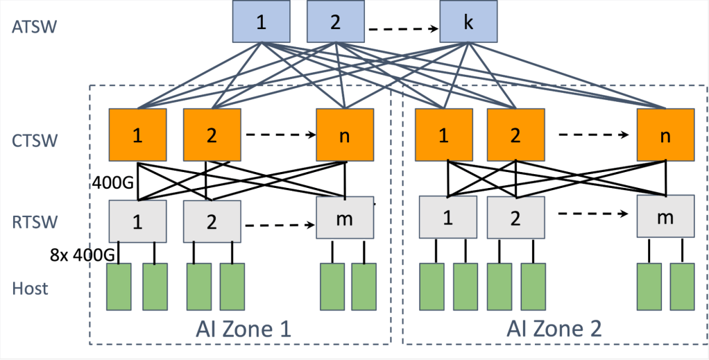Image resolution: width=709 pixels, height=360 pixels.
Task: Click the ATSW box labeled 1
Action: (261, 22)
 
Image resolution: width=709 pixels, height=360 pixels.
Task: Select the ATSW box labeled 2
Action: (336, 22)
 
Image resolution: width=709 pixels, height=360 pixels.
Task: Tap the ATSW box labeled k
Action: (468, 22)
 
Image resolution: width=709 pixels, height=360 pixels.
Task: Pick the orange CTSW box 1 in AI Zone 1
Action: (137, 135)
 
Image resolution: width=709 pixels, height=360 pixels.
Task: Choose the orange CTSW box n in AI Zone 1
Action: (345, 135)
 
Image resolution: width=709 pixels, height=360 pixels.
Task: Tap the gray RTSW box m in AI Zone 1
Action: (345, 218)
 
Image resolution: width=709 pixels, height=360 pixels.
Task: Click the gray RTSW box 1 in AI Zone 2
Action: (447, 217)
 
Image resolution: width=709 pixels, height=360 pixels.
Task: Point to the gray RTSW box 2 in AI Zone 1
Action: (212, 221)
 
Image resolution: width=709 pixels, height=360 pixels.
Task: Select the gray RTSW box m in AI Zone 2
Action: (665, 217)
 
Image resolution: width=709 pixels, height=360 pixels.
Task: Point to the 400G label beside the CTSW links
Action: (112, 183)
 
